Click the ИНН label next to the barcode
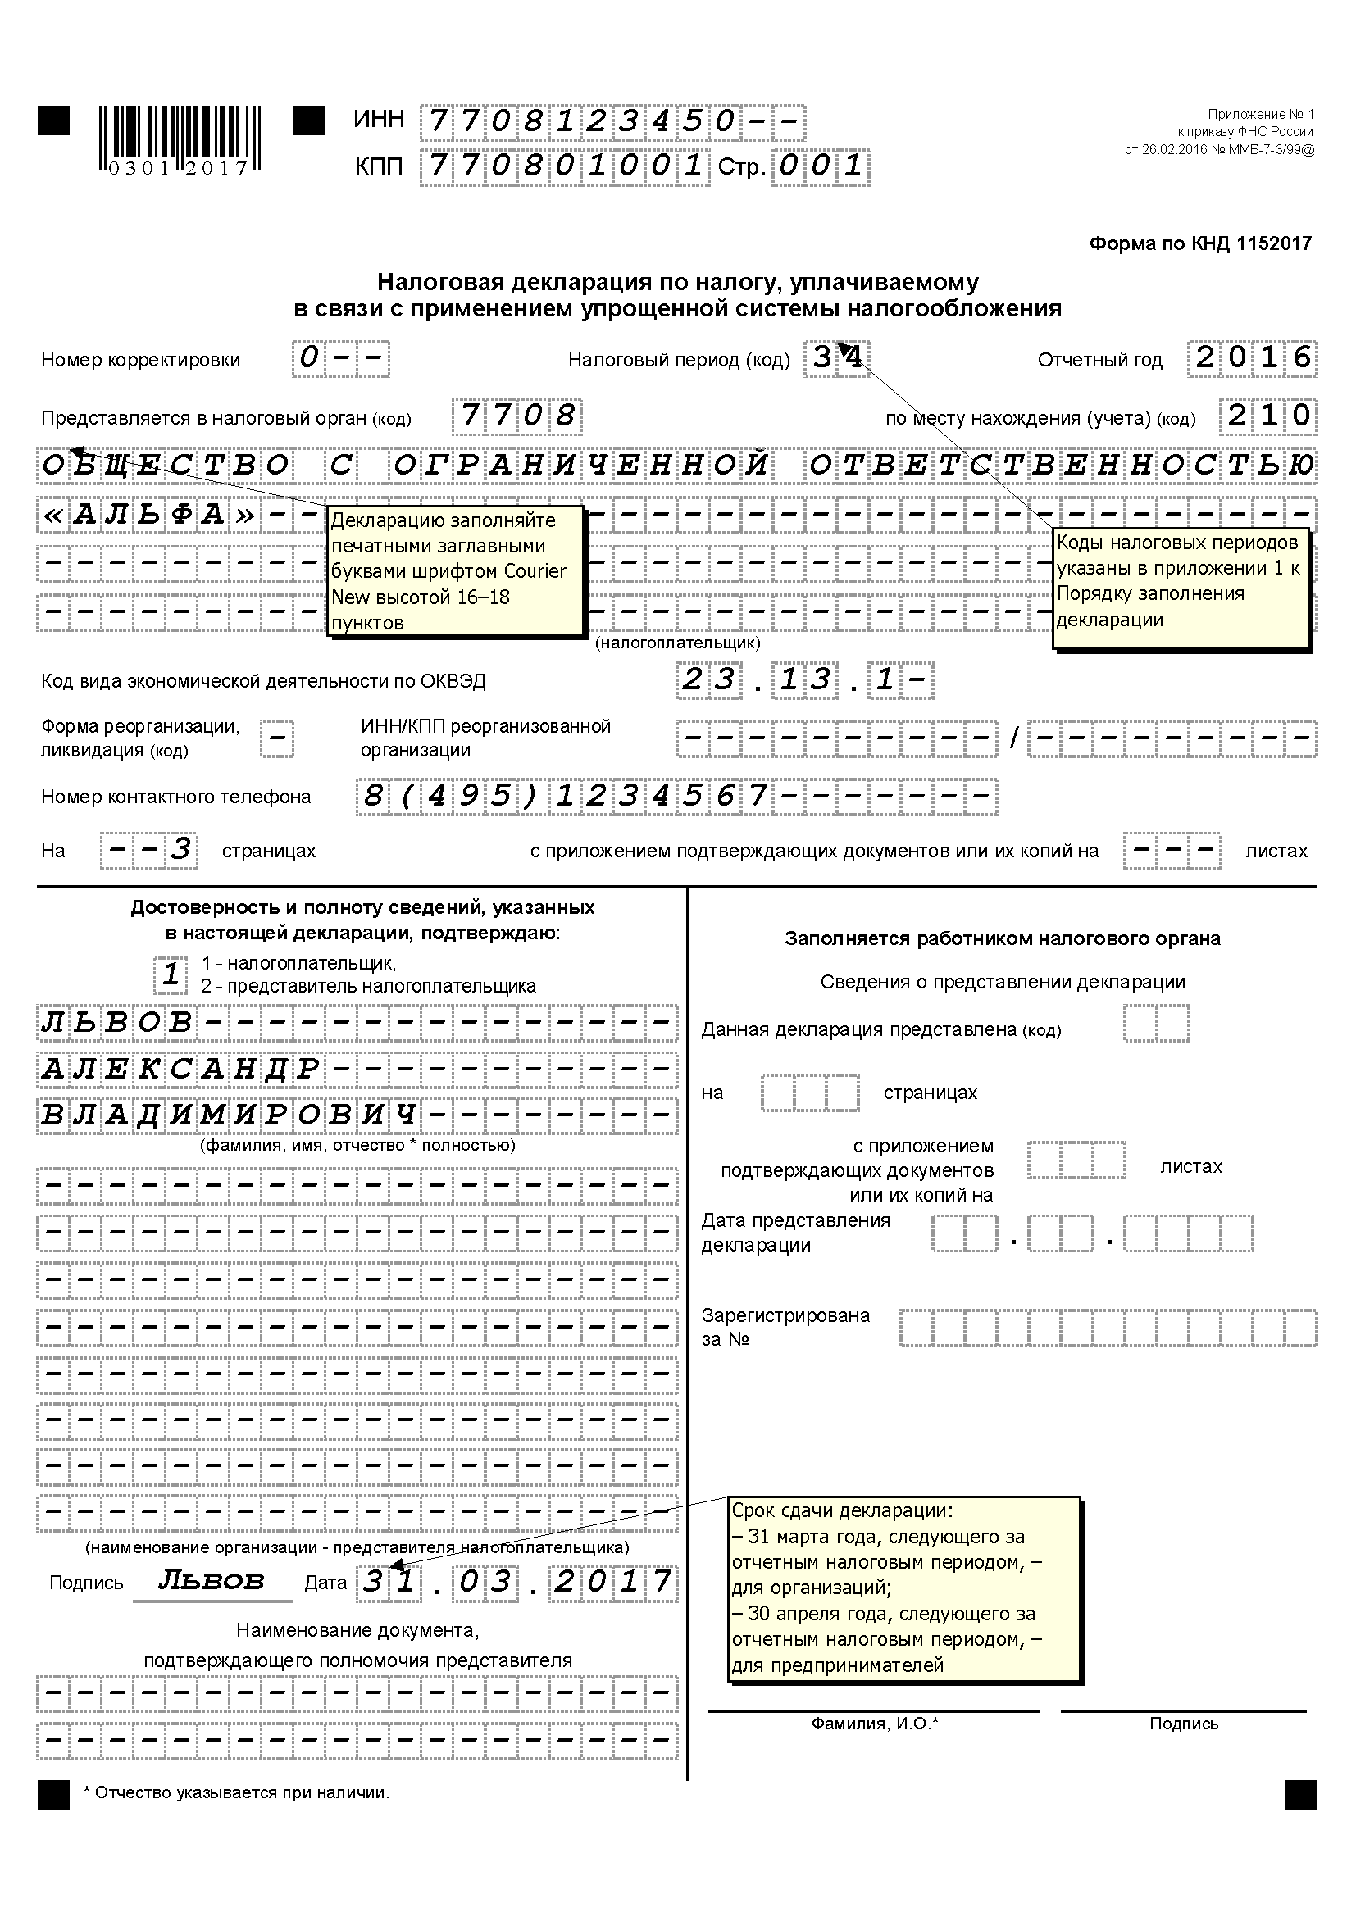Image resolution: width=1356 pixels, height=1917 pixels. point(378,120)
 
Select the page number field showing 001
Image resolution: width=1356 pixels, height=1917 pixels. point(820,166)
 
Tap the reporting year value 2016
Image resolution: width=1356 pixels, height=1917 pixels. point(1253,358)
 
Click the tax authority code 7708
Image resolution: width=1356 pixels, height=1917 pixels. point(516,416)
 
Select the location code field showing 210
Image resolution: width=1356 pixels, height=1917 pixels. point(1268,416)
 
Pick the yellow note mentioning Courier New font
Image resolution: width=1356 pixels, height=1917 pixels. point(455,571)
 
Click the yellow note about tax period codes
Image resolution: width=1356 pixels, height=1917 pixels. point(1180,588)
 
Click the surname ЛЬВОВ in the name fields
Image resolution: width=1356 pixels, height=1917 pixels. point(117,1023)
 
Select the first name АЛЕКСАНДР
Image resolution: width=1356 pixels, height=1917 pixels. point(180,1070)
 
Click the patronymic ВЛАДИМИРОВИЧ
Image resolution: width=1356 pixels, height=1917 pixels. point(228,1115)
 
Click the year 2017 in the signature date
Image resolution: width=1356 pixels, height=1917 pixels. point(613,1580)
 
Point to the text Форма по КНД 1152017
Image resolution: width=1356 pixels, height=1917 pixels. point(1200,243)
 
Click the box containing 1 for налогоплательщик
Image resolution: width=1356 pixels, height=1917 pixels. point(171,974)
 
